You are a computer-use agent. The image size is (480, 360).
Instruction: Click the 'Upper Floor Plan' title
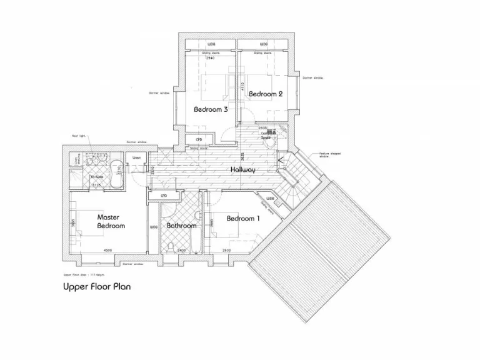tap(96, 287)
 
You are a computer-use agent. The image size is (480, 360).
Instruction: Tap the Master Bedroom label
tap(111, 222)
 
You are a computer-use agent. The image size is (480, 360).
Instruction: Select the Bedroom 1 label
tap(242, 218)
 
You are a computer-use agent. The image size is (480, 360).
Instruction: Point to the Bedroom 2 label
tap(266, 94)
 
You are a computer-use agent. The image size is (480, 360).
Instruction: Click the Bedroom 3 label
tap(210, 109)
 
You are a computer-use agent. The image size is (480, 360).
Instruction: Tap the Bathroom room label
tap(182, 226)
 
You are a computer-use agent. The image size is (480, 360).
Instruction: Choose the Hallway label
tap(242, 169)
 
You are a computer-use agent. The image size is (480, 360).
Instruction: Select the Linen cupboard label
tap(137, 157)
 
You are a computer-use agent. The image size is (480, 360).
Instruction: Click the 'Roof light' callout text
tap(77, 135)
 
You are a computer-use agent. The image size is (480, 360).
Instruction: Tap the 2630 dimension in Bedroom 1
tap(226, 250)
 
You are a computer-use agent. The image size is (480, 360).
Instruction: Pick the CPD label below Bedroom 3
tap(199, 139)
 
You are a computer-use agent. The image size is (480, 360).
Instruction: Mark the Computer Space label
tap(269, 133)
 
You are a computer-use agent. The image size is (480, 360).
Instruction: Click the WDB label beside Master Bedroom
tap(154, 227)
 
